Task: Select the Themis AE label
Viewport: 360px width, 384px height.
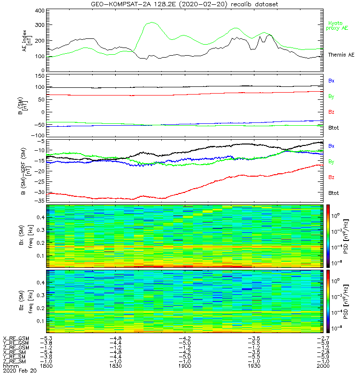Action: [x=340, y=55]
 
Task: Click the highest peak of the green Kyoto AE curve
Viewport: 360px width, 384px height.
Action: [x=152, y=22]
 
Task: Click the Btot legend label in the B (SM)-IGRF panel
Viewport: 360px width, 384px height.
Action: [x=333, y=192]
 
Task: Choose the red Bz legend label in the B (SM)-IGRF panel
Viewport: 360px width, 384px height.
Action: [x=331, y=177]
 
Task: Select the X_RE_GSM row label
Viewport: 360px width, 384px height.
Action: [x=16, y=338]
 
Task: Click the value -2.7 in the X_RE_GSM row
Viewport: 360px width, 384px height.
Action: [x=323, y=338]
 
